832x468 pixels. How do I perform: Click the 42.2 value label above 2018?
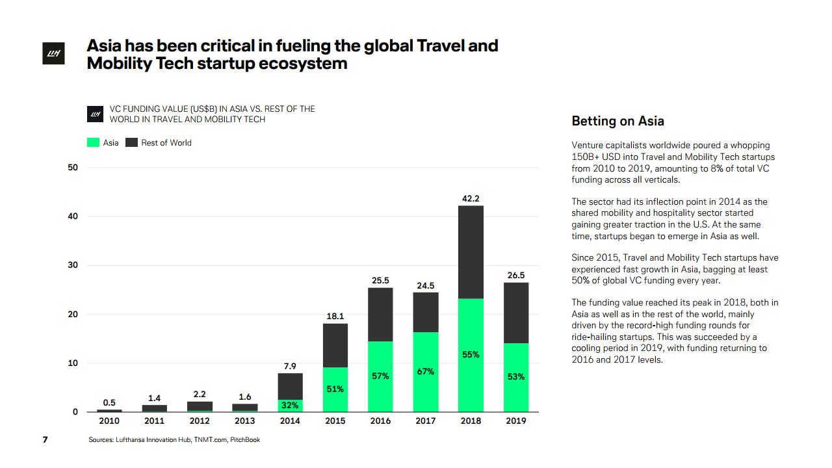click(471, 198)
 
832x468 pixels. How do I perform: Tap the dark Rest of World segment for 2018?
click(471, 252)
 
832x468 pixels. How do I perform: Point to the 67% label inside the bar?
click(426, 372)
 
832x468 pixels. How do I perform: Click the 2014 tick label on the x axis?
click(290, 421)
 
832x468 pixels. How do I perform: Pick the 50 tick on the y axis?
click(73, 168)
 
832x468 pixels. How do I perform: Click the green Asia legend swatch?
click(93, 142)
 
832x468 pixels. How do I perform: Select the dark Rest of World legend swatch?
click(131, 142)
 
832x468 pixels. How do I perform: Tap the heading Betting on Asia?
click(617, 121)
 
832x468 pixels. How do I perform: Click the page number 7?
click(45, 440)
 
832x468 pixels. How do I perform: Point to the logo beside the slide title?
click(52, 55)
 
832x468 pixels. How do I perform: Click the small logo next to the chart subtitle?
click(95, 114)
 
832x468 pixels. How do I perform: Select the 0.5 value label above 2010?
click(109, 402)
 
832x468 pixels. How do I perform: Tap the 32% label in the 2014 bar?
click(290, 406)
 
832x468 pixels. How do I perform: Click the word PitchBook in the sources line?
click(245, 440)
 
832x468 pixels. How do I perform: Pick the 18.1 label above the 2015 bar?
click(335, 317)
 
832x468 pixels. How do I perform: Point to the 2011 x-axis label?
click(154, 421)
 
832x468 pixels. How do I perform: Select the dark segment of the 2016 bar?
click(380, 315)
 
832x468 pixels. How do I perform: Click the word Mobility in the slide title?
click(119, 64)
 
